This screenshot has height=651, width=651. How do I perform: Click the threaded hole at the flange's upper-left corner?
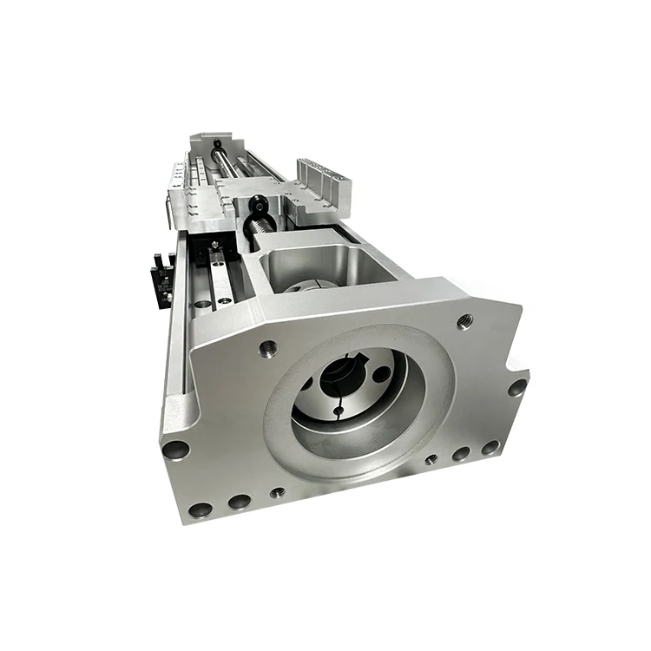[x=268, y=348]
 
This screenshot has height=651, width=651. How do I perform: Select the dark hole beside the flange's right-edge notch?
[x=517, y=386]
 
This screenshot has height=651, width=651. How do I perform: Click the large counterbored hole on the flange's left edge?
[x=176, y=450]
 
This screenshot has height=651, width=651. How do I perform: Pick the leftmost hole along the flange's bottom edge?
[x=201, y=510]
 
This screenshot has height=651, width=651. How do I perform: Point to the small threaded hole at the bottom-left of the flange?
[x=277, y=492]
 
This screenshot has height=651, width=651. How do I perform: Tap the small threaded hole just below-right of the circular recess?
[x=431, y=459]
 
